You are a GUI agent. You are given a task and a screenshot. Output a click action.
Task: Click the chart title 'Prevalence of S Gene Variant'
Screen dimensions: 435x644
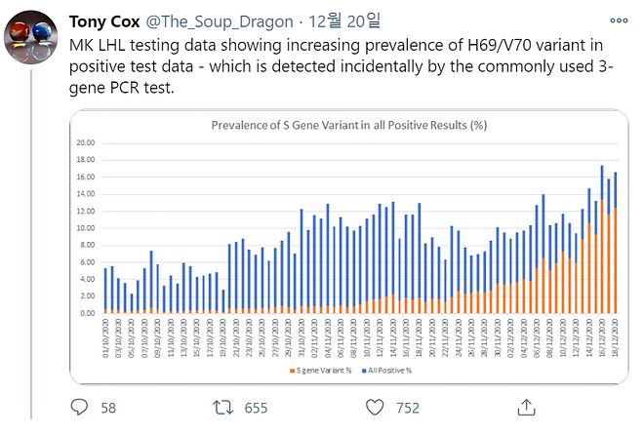click(x=349, y=125)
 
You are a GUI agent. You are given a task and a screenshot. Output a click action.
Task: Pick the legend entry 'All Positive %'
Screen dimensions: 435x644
click(x=390, y=370)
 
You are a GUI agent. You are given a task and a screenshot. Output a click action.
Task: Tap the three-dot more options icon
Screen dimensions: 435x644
click(x=618, y=20)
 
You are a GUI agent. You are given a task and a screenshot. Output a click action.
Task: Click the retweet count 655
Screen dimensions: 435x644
click(x=256, y=408)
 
